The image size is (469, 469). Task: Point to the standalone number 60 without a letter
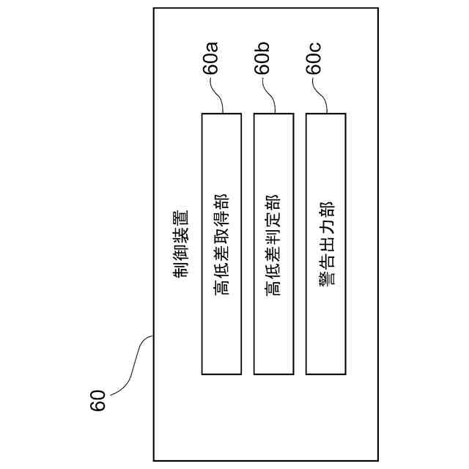click(99, 400)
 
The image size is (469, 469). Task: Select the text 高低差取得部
click(221, 243)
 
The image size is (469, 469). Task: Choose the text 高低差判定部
click(273, 243)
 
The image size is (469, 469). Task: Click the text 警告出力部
click(325, 242)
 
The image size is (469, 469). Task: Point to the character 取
click(221, 234)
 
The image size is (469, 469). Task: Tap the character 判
click(273, 234)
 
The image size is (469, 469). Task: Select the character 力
click(325, 226)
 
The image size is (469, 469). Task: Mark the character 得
click(221, 218)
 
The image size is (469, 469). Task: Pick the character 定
click(273, 218)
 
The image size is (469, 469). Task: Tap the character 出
click(325, 242)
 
